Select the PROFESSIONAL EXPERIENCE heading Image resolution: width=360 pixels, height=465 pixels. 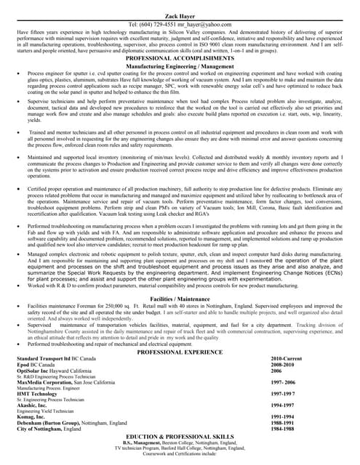click(x=179, y=351)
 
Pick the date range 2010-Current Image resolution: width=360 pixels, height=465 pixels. click(x=286, y=359)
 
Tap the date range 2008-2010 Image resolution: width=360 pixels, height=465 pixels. click(x=284, y=365)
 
